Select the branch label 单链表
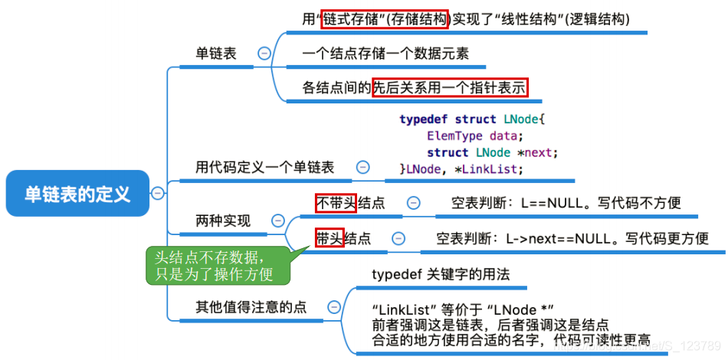click(216, 54)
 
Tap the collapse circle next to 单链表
click(264, 54)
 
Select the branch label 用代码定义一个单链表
click(265, 167)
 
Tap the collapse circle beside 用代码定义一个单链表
click(362, 167)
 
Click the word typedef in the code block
click(424, 119)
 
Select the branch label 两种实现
click(223, 221)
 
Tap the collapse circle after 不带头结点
click(413, 203)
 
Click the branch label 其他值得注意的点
click(251, 307)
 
